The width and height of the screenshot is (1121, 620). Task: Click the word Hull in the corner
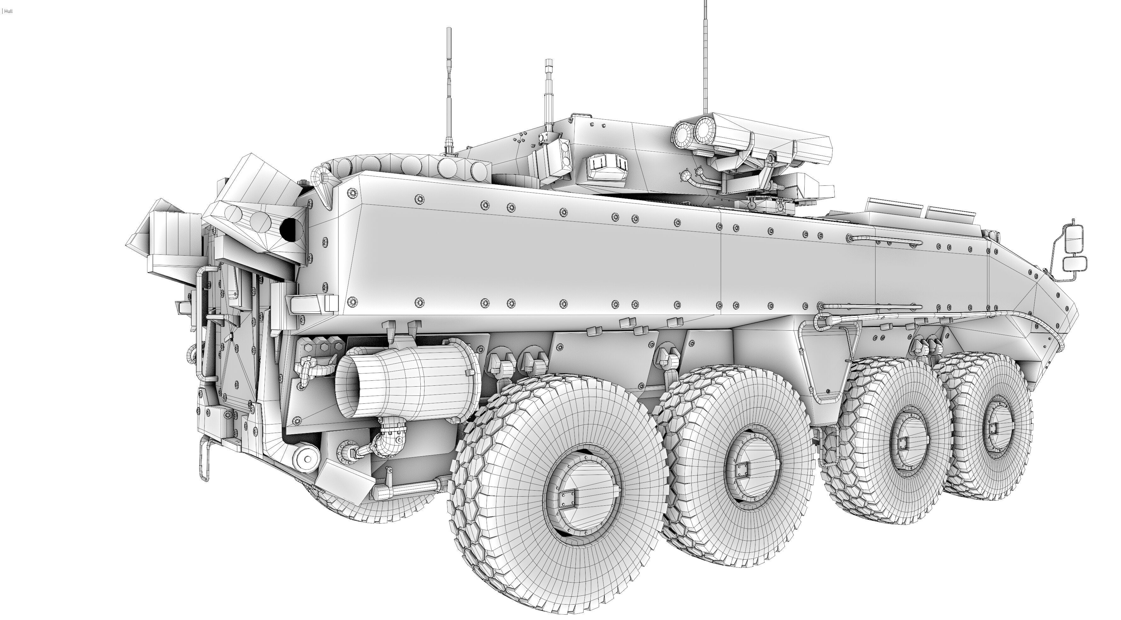coord(8,11)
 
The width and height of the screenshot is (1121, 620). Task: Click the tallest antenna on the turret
coord(705,57)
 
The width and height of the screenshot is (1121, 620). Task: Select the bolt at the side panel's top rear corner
coord(352,193)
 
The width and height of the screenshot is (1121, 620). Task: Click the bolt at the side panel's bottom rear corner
coord(352,301)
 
